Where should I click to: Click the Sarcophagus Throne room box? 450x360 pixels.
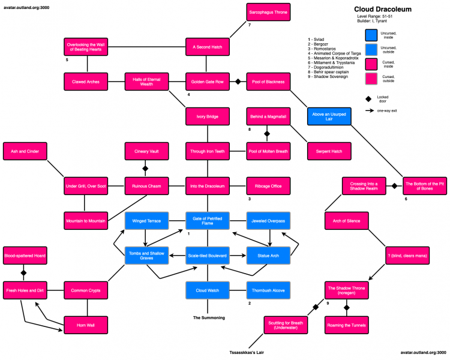pos(269,12)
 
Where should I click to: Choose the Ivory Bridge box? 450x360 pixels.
pos(208,116)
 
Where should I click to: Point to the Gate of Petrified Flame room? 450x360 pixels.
pos(208,221)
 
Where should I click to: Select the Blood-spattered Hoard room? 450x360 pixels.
pos(25,256)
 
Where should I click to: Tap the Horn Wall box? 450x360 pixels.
pos(86,325)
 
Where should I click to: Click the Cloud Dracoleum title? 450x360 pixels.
pos(383,10)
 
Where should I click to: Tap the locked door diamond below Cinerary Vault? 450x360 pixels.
pos(145,169)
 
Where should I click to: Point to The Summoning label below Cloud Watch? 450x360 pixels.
pos(208,317)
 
